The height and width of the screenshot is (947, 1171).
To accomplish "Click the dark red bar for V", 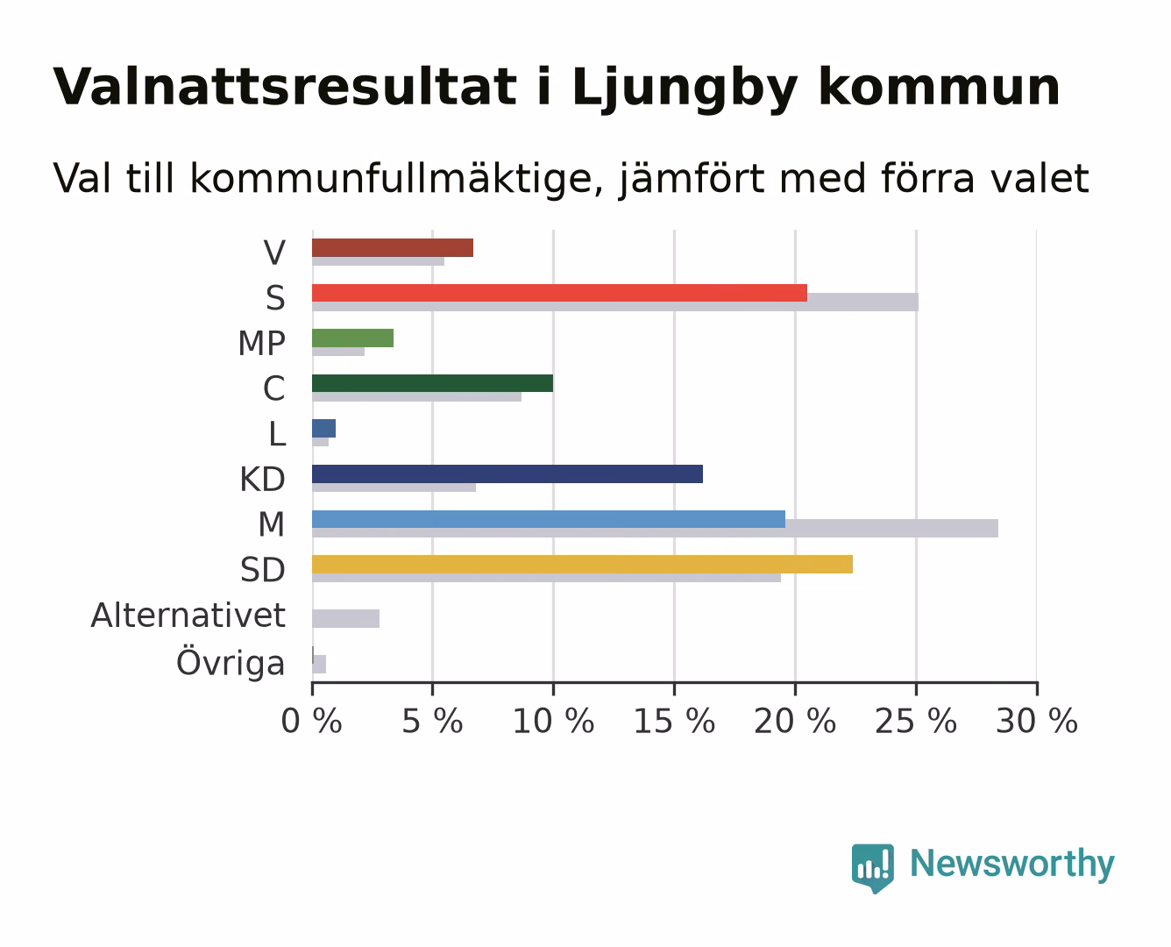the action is point(393,247).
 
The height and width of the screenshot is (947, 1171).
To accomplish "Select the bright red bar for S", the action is point(560,293).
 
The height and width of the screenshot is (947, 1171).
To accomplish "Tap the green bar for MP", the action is point(352,338).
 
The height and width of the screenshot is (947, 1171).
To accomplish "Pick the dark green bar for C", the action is point(433,383).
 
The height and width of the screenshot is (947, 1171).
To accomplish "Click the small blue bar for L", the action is point(323,429).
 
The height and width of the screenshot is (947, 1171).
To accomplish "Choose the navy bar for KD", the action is point(507,474).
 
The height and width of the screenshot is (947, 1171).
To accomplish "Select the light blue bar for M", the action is point(549,519).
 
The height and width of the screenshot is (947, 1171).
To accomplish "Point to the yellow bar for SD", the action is point(582,564).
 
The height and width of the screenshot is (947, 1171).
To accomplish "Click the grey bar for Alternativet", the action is point(346,619).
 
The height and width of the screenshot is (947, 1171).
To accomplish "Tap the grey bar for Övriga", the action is point(319,664).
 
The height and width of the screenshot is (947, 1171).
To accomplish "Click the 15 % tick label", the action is point(675,722).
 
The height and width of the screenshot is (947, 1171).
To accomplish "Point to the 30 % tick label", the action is point(1037,722).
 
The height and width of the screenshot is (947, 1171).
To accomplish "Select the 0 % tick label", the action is point(312,722).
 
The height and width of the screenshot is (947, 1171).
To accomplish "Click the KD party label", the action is point(263,479).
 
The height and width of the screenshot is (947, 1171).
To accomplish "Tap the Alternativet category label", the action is point(188,615).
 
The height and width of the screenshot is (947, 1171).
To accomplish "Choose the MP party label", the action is point(262,343).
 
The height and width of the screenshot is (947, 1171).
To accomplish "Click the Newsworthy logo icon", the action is point(872,868).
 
